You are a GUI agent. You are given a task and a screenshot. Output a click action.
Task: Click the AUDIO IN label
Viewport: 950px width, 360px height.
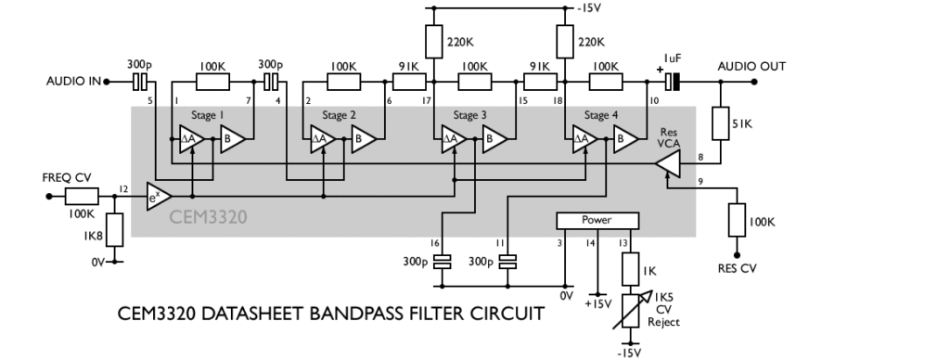73,82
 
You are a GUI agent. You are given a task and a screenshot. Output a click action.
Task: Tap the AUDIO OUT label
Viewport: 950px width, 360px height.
751,67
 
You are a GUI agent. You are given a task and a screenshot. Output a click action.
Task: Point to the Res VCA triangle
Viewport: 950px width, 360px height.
668,164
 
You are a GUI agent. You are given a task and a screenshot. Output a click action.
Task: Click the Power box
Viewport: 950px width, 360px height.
597,221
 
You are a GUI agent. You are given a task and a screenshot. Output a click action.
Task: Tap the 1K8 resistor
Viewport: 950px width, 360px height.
114,230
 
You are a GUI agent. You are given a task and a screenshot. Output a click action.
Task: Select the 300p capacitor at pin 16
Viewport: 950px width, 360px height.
443,262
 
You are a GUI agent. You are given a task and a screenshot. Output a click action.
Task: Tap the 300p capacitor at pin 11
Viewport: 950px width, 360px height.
507,262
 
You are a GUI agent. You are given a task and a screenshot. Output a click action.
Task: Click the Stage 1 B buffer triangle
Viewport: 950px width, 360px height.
233,140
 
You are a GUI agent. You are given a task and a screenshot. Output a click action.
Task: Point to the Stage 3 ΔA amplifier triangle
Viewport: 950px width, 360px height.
450,140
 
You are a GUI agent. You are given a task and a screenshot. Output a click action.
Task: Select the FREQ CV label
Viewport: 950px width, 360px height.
67,176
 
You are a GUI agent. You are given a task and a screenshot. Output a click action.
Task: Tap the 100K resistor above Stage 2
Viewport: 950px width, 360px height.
343,82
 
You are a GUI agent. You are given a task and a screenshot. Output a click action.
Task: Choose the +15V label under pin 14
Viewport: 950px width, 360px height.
597,302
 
